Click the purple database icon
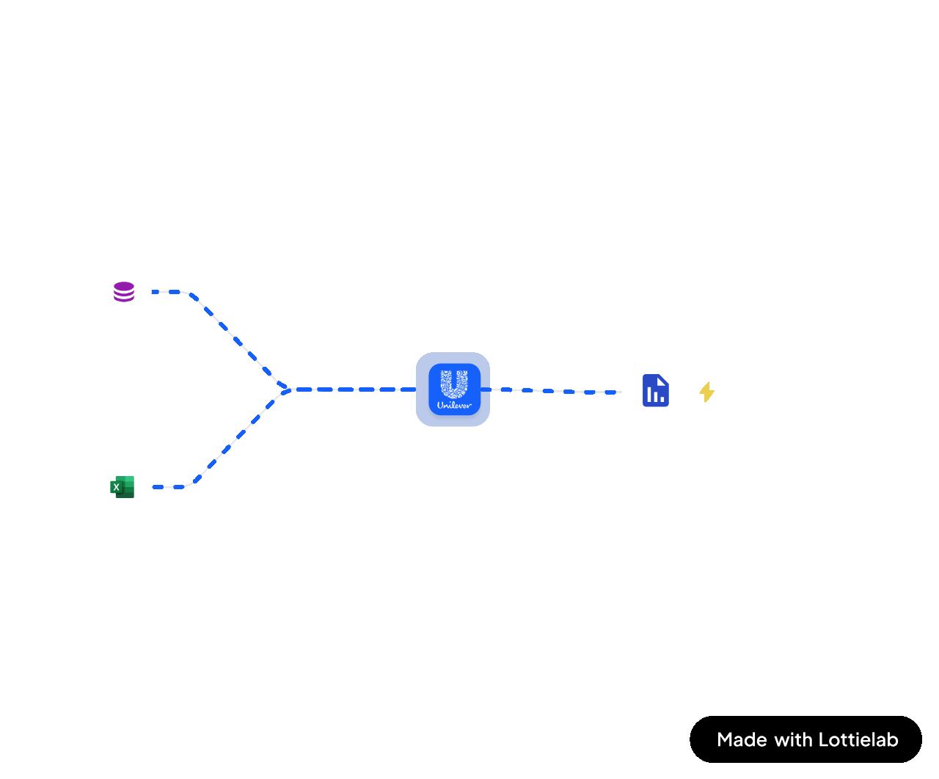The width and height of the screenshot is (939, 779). (x=124, y=292)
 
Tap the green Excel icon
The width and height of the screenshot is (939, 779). (x=123, y=486)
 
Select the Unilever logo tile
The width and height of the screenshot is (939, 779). (x=453, y=389)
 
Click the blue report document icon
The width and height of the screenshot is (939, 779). (x=655, y=389)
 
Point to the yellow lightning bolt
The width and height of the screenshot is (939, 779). (x=706, y=392)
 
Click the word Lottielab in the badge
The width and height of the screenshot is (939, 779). (x=858, y=739)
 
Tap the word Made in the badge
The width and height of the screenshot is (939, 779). (x=742, y=739)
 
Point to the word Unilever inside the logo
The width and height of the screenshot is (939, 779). (x=454, y=404)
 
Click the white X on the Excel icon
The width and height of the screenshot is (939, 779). (x=116, y=487)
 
